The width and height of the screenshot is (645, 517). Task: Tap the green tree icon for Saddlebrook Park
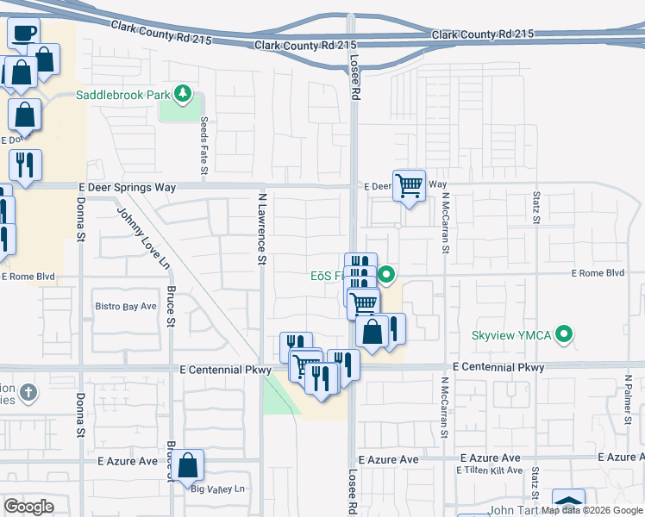pos(182,93)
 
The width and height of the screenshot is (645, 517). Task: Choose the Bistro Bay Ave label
pos(125,306)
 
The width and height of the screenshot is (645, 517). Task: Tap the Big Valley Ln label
pos(218,489)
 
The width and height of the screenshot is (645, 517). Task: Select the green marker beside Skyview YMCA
pos(566,333)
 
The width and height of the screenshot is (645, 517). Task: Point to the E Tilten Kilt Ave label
pos(491,470)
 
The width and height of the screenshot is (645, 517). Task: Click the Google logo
pos(28,507)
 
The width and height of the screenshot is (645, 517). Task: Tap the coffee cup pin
pos(23,32)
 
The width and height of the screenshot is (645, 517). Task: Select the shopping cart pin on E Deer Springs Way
pos(409,184)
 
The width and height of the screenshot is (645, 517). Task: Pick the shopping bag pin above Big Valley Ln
pos(187,465)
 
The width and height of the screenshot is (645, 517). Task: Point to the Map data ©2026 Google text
pos(592,510)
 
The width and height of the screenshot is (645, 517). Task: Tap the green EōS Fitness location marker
pos(387,276)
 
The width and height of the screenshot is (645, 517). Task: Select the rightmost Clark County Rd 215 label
pos(482,34)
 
